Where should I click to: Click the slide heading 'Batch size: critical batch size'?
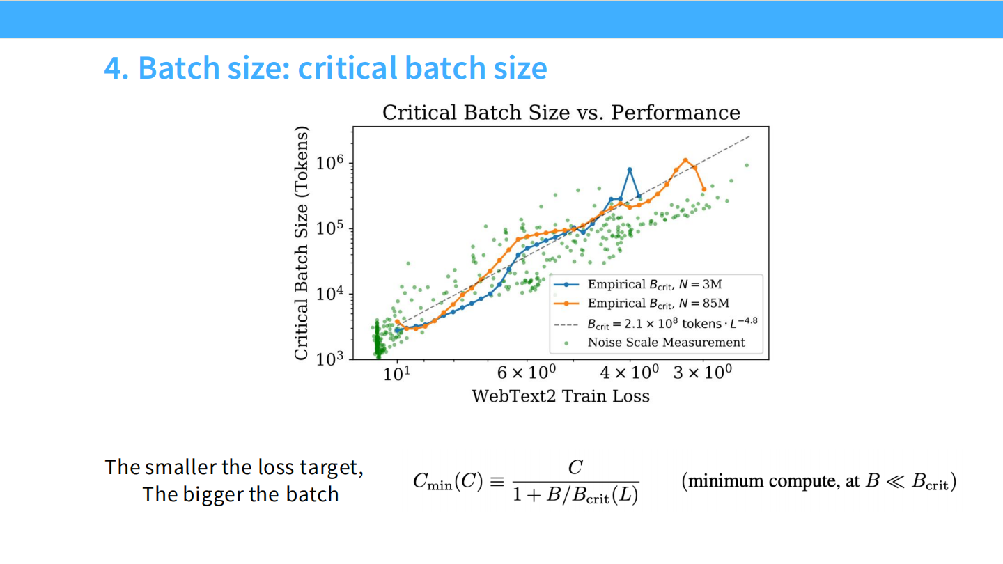(325, 68)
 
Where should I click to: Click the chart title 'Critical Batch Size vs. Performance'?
(561, 113)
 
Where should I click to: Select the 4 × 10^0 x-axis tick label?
(630, 373)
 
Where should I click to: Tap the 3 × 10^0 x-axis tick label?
(703, 373)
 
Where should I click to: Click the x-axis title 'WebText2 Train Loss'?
(561, 397)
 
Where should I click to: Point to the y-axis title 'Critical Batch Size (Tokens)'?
(301, 243)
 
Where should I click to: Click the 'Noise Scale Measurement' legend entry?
(666, 343)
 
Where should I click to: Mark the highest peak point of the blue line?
(630, 169)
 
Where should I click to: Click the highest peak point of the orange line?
(685, 159)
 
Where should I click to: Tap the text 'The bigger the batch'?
(240, 494)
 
